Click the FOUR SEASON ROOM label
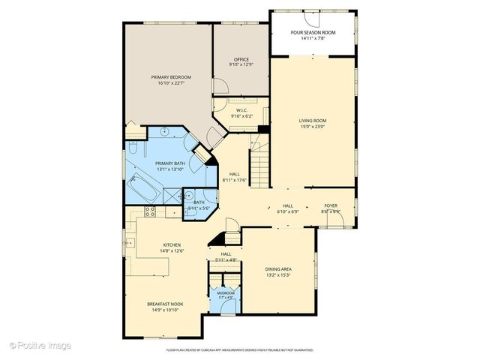point(313,33)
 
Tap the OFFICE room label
point(241,59)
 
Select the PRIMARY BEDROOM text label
point(170,77)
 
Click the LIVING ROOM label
point(313,121)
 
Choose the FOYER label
point(331,205)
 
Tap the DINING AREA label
point(278,268)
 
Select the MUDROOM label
point(226,292)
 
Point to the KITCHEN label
point(172,245)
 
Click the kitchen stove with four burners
point(149,211)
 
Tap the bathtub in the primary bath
point(144,187)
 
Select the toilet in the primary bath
point(133,148)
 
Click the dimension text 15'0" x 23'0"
point(313,127)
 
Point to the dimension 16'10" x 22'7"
point(170,83)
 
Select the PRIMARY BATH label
point(170,163)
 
